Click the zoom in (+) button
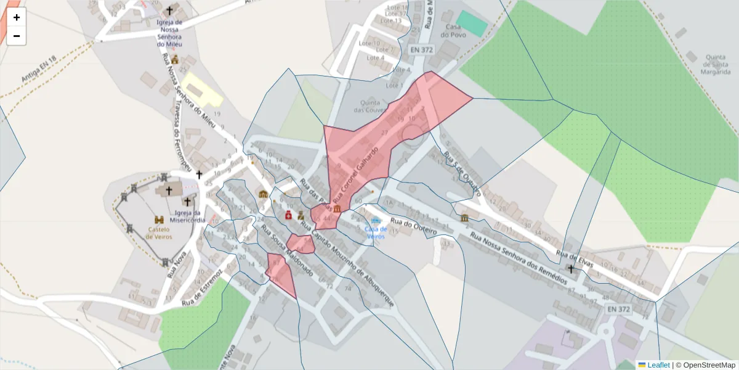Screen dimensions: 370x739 17,17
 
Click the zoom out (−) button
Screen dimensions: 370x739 17,36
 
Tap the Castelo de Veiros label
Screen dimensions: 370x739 159,232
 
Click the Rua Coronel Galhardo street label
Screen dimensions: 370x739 355,174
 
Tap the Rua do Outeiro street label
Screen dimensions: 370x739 413,226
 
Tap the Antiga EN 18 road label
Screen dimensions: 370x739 38,68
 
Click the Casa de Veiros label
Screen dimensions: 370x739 375,232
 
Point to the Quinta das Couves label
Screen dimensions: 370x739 376,106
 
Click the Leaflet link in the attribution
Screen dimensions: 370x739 658,365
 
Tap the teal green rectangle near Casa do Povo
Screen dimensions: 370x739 472,23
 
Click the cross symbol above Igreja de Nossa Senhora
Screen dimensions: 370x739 170,11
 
